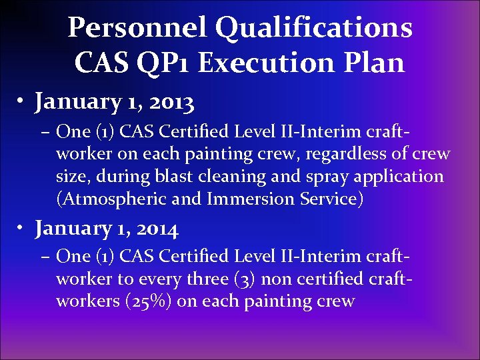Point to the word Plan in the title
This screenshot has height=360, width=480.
tap(378, 63)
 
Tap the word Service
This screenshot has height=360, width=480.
tap(332, 199)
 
